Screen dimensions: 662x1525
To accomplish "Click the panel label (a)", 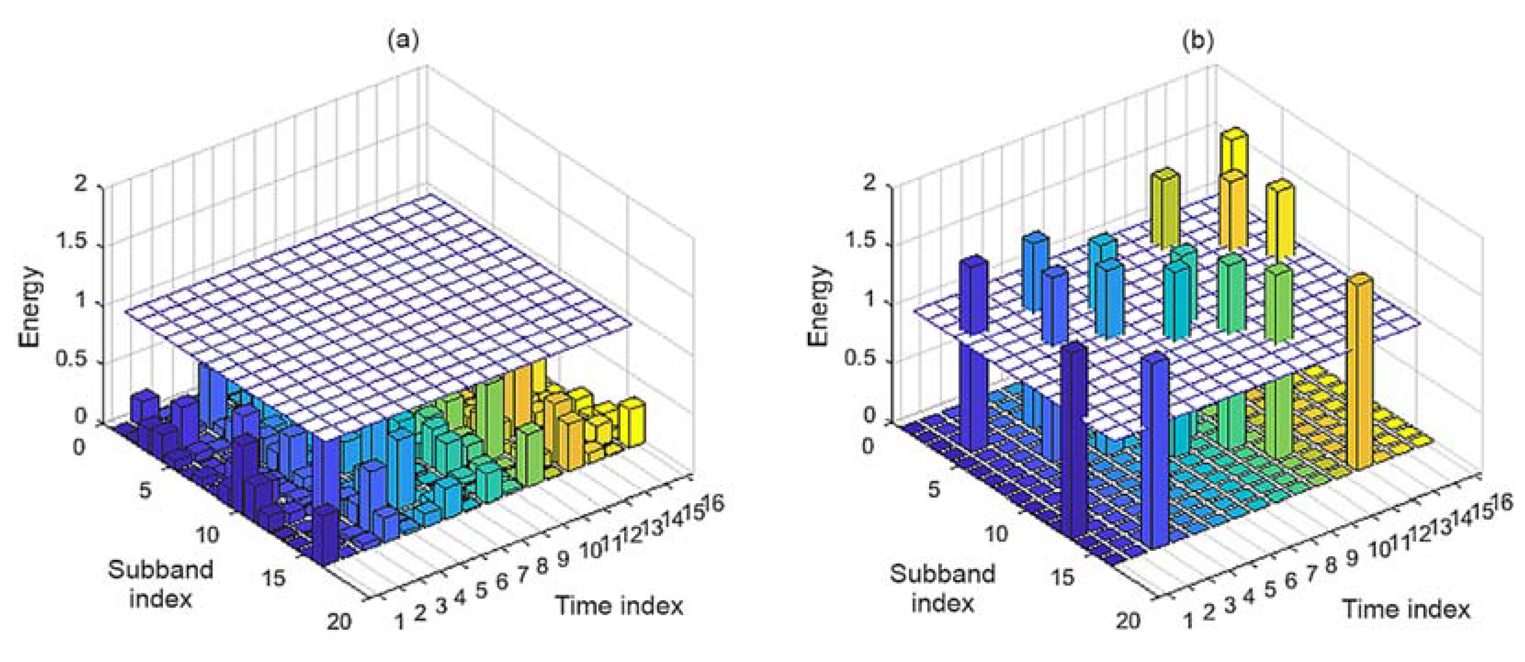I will click(403, 40).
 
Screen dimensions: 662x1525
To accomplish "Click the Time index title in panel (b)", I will click(1406, 609).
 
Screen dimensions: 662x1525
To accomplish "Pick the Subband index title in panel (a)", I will click(160, 584).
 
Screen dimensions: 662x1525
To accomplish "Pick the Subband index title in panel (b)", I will click(943, 588).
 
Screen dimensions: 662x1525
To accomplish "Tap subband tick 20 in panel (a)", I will click(339, 621).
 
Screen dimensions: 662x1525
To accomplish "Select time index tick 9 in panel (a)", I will click(562, 558).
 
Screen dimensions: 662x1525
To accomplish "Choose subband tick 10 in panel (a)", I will click(207, 535).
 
